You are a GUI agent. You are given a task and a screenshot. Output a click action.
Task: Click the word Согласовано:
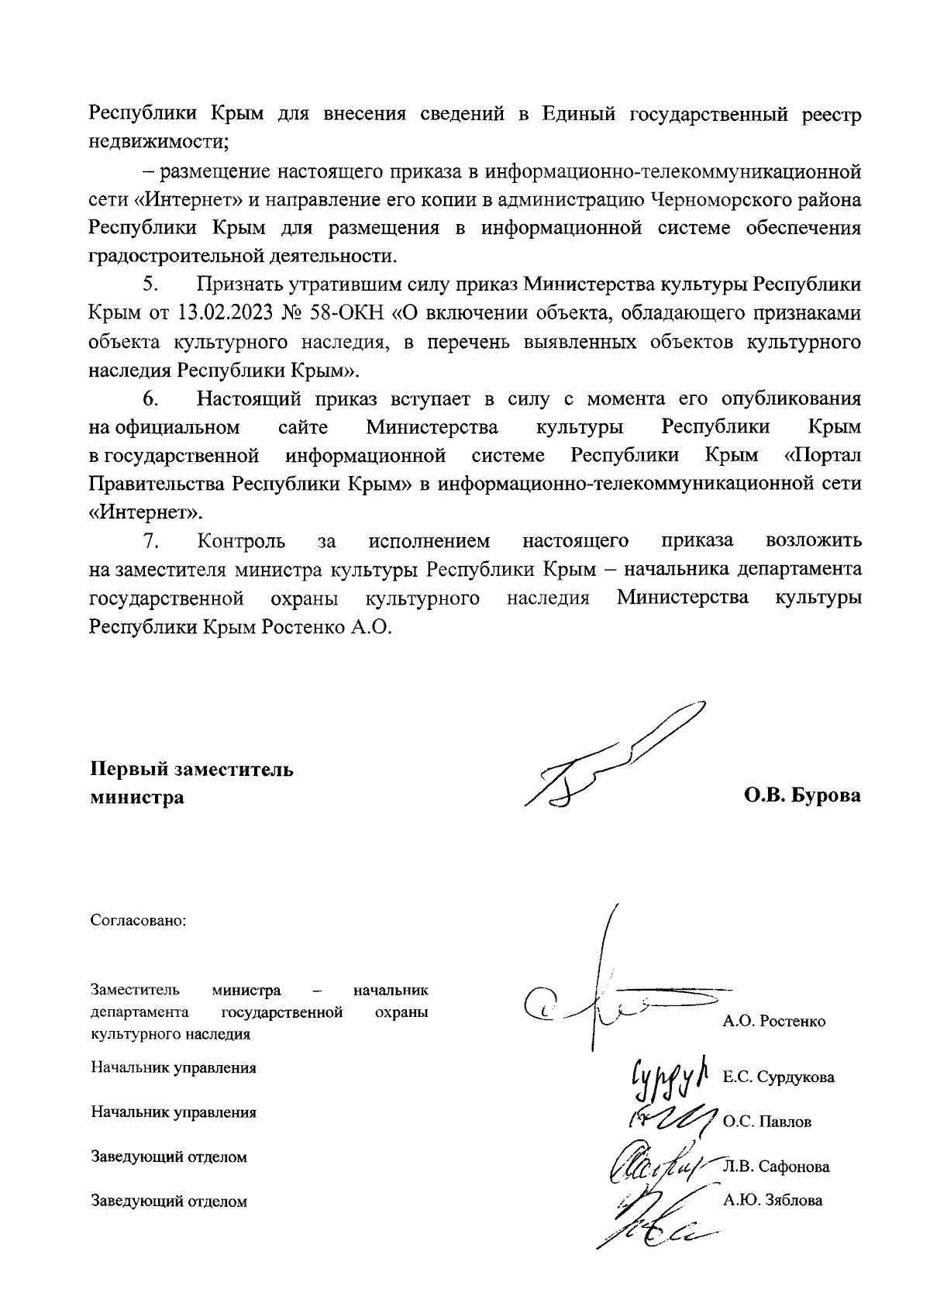139,921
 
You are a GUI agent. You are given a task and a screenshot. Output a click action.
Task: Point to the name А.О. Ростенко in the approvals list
773,1021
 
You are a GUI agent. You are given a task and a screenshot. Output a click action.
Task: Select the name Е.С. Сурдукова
778,1077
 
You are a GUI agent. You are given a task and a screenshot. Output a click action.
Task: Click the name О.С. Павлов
766,1122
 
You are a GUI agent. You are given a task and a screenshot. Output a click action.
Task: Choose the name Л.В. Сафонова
775,1167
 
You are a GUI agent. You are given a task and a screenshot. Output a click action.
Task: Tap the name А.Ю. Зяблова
772,1201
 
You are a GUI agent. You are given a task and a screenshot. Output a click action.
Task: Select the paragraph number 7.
150,540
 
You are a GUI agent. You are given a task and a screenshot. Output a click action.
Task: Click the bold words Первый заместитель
192,770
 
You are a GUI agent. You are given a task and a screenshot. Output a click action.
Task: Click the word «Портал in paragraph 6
822,455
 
